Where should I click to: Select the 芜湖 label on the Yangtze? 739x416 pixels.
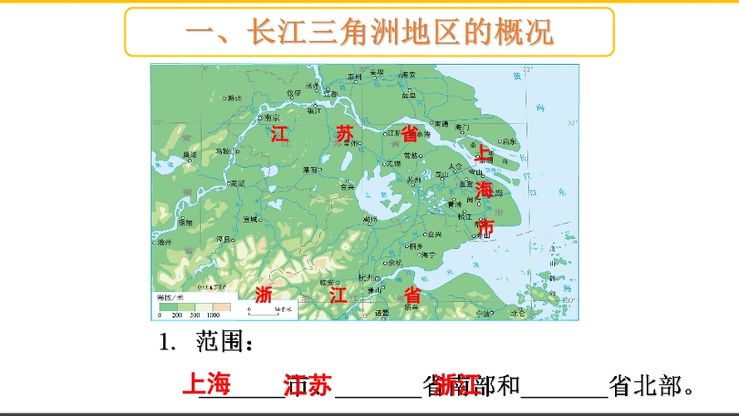click(238, 183)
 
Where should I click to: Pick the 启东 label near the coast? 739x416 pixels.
click(510, 141)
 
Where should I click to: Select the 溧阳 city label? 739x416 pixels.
click(310, 169)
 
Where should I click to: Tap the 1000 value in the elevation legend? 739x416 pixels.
click(213, 316)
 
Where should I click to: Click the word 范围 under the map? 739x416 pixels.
click(221, 342)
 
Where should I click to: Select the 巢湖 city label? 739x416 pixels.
click(191, 156)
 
